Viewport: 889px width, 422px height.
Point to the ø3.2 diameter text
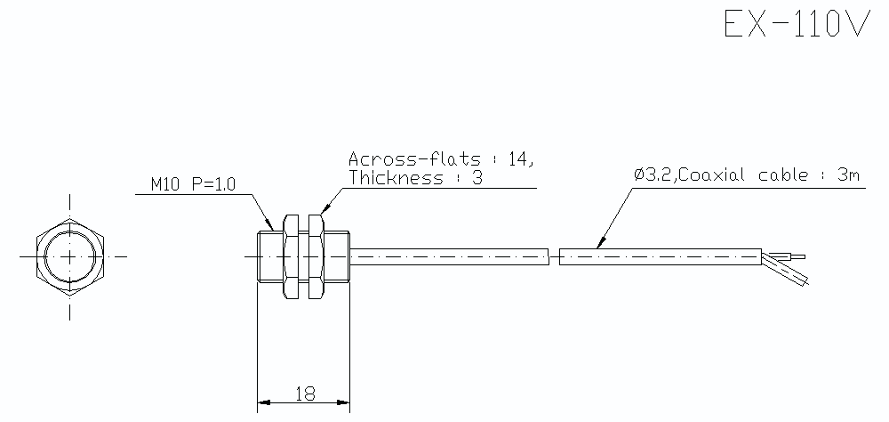click(x=653, y=175)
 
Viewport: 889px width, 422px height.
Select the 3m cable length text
click(x=849, y=175)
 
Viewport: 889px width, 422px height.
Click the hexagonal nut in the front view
click(x=71, y=256)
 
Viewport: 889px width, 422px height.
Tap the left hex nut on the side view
click(x=291, y=256)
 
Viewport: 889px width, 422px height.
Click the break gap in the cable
click(x=553, y=256)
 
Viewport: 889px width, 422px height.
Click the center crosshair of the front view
click(x=71, y=256)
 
